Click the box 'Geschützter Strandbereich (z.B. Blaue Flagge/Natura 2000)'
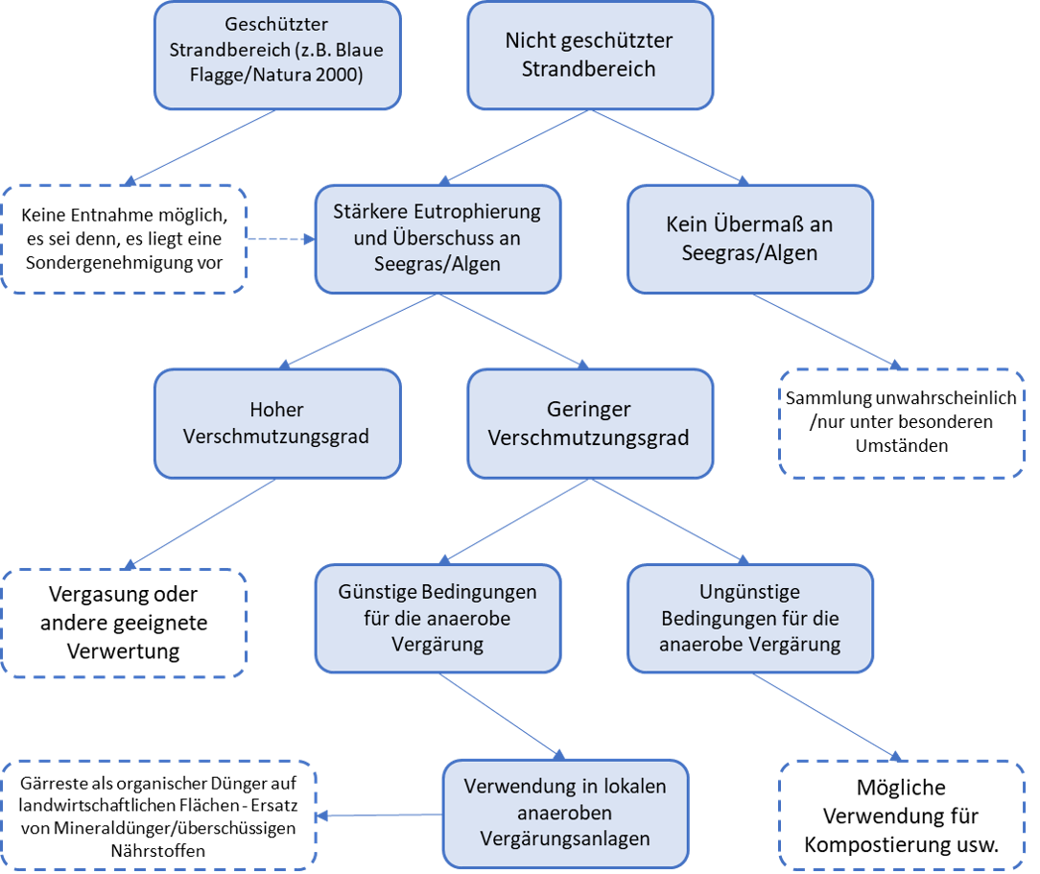click(276, 55)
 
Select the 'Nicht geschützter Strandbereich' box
click(589, 55)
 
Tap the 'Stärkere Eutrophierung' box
click(437, 238)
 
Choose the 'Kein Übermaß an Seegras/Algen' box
click(750, 238)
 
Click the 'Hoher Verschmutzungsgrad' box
click(276, 423)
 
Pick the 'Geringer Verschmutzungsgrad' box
click(589, 423)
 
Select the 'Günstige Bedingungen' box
click(437, 618)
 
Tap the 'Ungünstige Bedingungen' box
click(750, 618)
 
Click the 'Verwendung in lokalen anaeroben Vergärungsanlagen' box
click(565, 814)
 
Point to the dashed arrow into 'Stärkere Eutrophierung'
click(280, 238)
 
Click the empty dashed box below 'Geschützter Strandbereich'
click(125, 238)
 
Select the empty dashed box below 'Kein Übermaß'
click(902, 423)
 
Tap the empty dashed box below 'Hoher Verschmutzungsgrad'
click(125, 624)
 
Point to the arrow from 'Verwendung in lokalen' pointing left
click(380, 815)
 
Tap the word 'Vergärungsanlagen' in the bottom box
click(565, 839)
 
